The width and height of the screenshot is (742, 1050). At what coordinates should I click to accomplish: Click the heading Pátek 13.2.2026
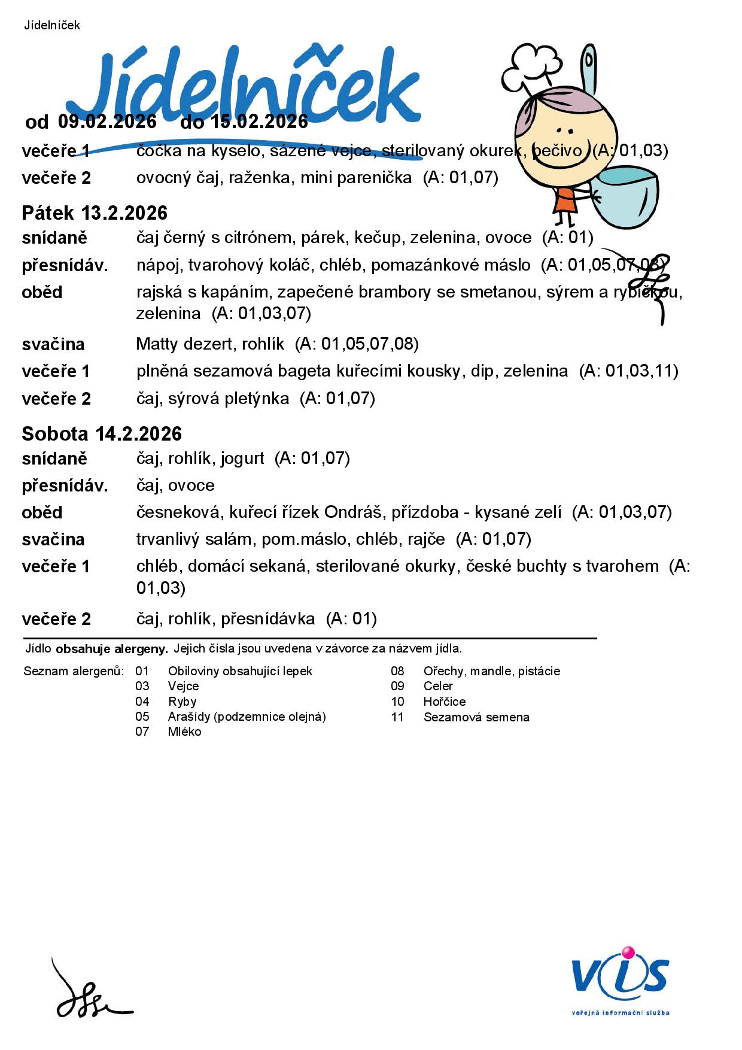point(95,213)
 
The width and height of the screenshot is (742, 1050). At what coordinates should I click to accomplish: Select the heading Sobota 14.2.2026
point(102,434)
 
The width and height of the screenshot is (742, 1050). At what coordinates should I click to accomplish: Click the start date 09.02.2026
point(107,122)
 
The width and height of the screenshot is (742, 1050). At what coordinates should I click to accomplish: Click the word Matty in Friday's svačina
point(157,344)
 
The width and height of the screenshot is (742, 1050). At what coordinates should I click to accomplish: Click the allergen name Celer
point(438,686)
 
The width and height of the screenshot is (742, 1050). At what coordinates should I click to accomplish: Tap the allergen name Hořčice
point(444,702)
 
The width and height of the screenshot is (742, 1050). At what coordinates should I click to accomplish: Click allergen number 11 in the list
point(398,717)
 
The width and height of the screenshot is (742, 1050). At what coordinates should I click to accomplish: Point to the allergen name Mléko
point(184,732)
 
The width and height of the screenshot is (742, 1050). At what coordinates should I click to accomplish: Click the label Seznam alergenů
point(74,671)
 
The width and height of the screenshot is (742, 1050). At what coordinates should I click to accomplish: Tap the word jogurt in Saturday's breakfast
point(242,459)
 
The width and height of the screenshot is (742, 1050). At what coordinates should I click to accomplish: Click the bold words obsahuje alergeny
point(112,648)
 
